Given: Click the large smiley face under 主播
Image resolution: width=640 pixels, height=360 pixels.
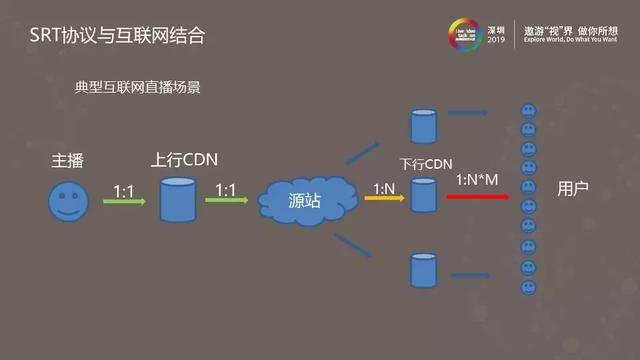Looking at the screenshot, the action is click(68, 201).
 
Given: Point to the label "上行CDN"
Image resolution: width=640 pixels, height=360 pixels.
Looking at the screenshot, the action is click(184, 160).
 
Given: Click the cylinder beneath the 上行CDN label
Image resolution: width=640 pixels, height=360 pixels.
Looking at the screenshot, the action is click(178, 199).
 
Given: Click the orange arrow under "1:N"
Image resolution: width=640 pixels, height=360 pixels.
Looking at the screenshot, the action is click(381, 198).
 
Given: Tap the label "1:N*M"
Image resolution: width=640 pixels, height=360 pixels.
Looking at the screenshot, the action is click(479, 179).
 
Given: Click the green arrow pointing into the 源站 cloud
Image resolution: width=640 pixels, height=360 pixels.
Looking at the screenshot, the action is click(227, 200).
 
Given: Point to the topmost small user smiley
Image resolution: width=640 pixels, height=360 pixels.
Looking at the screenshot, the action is click(526, 110).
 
